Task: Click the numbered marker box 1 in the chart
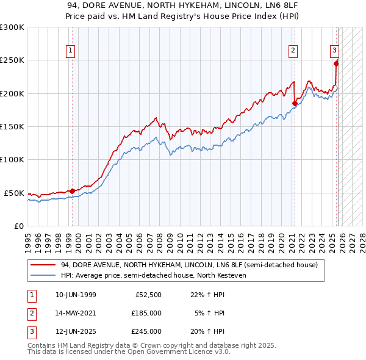tap(71, 51)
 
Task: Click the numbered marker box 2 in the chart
tap(293, 51)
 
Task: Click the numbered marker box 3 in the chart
tap(335, 51)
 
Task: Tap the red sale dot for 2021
tap(295, 104)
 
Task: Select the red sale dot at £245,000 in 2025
tap(336, 63)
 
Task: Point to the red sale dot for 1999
tap(73, 191)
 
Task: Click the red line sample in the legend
tap(43, 265)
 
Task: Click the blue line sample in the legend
tap(43, 275)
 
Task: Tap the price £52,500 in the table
tap(146, 295)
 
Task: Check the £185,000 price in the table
tap(146, 313)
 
